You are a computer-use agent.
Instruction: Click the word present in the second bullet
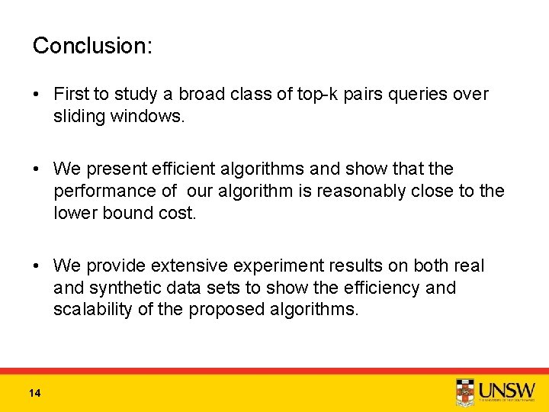tap(114, 168)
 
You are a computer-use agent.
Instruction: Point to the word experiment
tap(286, 266)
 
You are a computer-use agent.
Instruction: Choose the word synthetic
tap(127, 288)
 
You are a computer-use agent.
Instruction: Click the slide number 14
tap(34, 393)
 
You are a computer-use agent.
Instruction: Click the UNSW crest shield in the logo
tap(464, 392)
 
